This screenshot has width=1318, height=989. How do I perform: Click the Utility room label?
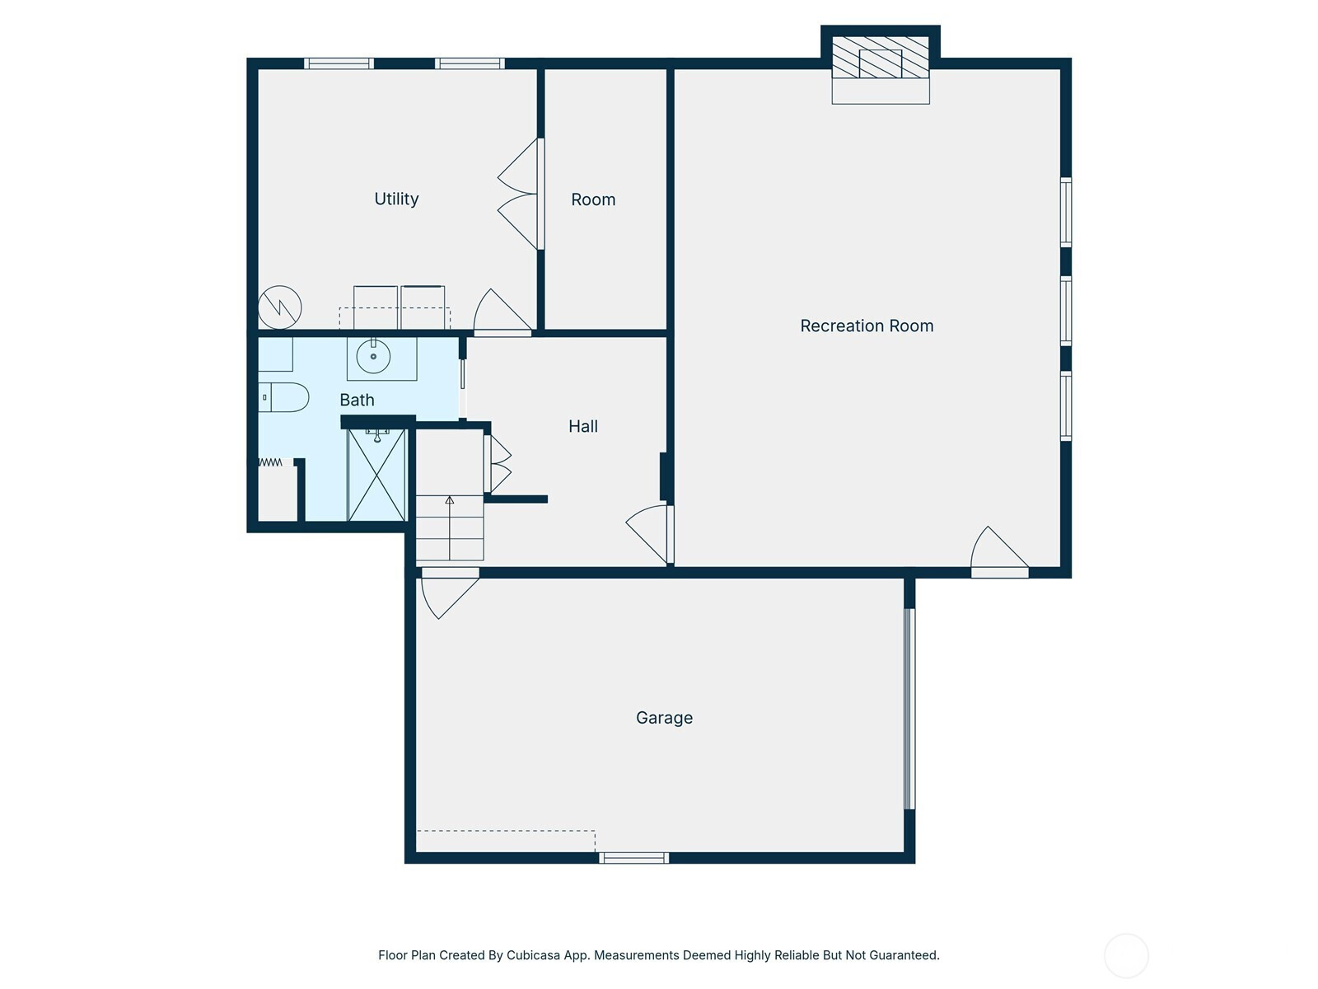(x=396, y=199)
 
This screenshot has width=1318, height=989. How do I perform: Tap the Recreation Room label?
(x=867, y=326)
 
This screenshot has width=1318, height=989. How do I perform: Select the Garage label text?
(x=664, y=718)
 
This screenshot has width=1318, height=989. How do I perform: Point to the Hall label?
(x=583, y=426)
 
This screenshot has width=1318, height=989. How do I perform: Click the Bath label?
(x=357, y=400)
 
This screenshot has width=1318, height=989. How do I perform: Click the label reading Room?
(x=593, y=199)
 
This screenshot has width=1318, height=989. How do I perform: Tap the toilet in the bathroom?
(x=283, y=397)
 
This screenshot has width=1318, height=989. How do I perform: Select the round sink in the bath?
(x=373, y=356)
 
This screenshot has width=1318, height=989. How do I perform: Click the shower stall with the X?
(x=377, y=475)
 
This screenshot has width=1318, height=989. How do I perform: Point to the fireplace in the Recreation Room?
(x=881, y=65)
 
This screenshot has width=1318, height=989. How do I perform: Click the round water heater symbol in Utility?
(x=280, y=307)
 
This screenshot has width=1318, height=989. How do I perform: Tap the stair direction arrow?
(x=450, y=527)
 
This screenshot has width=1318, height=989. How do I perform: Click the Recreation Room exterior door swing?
(x=999, y=552)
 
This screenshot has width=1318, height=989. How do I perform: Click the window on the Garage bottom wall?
(x=633, y=857)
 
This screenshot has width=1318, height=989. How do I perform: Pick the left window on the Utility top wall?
(x=339, y=63)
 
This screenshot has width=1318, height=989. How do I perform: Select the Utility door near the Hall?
(x=502, y=312)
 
